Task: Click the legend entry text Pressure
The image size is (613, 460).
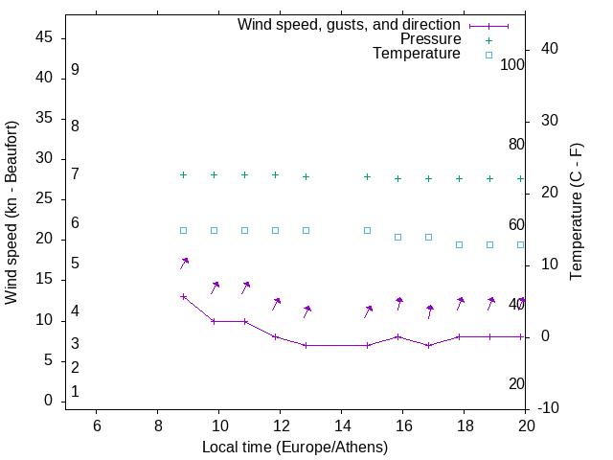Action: (430, 39)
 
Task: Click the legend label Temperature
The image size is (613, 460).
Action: (417, 54)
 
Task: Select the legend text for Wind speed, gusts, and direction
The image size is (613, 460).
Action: (350, 25)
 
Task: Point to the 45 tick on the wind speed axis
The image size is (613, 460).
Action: (45, 37)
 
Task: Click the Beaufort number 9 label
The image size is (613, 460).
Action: (75, 70)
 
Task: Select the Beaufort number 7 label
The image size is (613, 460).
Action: (75, 173)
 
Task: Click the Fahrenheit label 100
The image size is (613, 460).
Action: (513, 64)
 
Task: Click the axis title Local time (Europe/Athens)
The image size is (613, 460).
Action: (295, 447)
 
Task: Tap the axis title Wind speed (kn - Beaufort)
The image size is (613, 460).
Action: (11, 213)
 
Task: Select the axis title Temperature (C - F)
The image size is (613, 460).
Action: (576, 212)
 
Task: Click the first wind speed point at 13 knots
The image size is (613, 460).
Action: (183, 296)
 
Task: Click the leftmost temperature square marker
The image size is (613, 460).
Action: (183, 230)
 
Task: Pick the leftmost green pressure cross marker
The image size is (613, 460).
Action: (183, 174)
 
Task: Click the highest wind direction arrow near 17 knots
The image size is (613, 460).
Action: (184, 263)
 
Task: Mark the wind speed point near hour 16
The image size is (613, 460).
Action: (397, 336)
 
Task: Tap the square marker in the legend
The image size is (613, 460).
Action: (488, 55)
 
